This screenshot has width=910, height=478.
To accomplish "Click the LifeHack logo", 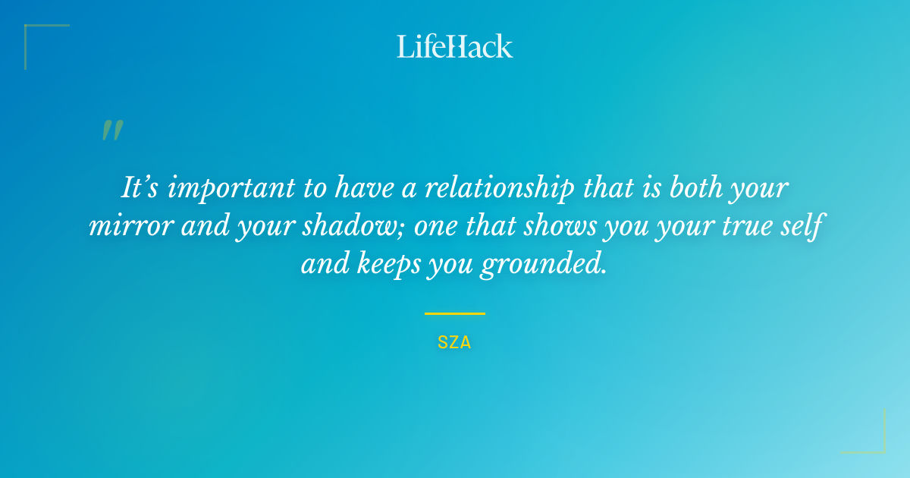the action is click(x=454, y=46).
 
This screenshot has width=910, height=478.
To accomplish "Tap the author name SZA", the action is click(x=454, y=343).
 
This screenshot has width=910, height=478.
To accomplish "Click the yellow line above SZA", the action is click(x=455, y=314).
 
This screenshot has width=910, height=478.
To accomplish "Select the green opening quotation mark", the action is click(x=112, y=130).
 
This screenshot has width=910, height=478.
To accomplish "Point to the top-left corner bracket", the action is click(x=26, y=26).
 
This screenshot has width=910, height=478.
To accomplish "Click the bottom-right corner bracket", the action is click(x=884, y=451).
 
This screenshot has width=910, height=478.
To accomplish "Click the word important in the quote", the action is click(x=231, y=189).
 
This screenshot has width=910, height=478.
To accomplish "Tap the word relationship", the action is click(x=499, y=189).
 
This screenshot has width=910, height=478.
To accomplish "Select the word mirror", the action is click(x=131, y=226).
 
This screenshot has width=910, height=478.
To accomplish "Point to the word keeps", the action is click(x=389, y=264).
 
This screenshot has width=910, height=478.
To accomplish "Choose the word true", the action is click(x=748, y=226).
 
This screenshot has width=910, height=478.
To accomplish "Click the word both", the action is click(x=695, y=188).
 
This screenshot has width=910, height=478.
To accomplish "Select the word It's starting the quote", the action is click(x=140, y=187).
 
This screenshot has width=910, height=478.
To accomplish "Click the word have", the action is click(x=364, y=188).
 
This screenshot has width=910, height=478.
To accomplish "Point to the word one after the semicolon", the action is click(x=435, y=227).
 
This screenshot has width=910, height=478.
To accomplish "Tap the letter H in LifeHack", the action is click(x=455, y=46).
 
